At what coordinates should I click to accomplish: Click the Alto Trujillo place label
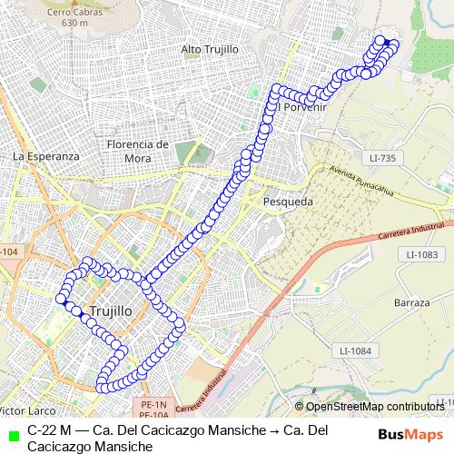210,48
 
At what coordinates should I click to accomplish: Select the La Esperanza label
46,156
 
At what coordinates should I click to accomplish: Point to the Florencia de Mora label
137,150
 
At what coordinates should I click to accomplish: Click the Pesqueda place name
287,201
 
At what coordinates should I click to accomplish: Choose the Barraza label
411,301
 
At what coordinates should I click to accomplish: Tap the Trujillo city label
112,311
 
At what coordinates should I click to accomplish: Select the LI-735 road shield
383,158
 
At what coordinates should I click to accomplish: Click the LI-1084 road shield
354,350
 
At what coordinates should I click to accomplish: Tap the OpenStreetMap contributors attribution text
375,407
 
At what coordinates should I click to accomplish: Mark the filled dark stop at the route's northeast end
386,42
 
